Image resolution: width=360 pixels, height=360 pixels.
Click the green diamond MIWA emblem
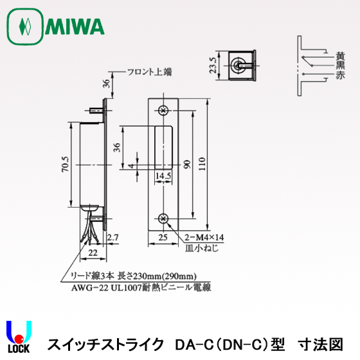pos(25,26)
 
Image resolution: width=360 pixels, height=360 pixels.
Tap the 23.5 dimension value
pos(213,64)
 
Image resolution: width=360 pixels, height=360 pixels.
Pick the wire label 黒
pos(339,66)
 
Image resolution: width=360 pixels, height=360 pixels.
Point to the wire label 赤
pos(339,75)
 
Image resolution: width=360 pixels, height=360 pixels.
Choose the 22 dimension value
pos(93,252)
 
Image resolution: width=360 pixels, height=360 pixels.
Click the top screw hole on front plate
pos(163,111)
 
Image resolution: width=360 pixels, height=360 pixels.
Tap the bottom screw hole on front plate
pos(163,218)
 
